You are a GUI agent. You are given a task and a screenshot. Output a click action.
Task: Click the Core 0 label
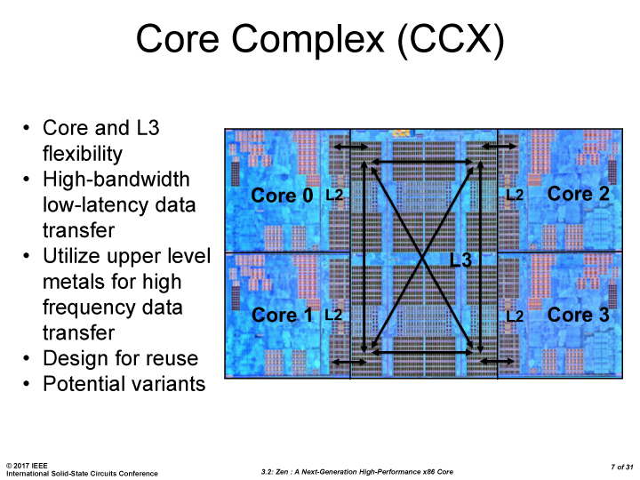point(283,196)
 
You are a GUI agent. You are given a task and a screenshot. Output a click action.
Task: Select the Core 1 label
point(283,315)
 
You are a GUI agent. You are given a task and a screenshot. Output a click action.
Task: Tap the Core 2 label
point(579,194)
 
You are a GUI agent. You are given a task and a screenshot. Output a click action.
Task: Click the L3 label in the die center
point(460,260)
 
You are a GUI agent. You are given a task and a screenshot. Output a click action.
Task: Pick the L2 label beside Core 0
point(334,195)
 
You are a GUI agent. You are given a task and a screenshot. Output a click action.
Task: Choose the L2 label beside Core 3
point(515,315)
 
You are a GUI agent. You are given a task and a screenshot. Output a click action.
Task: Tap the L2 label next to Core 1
point(334,315)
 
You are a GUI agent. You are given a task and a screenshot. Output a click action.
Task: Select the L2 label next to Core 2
point(515,195)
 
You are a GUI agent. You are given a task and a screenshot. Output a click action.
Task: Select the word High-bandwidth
point(116,180)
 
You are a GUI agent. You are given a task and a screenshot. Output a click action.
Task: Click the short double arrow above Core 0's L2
point(349,147)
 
